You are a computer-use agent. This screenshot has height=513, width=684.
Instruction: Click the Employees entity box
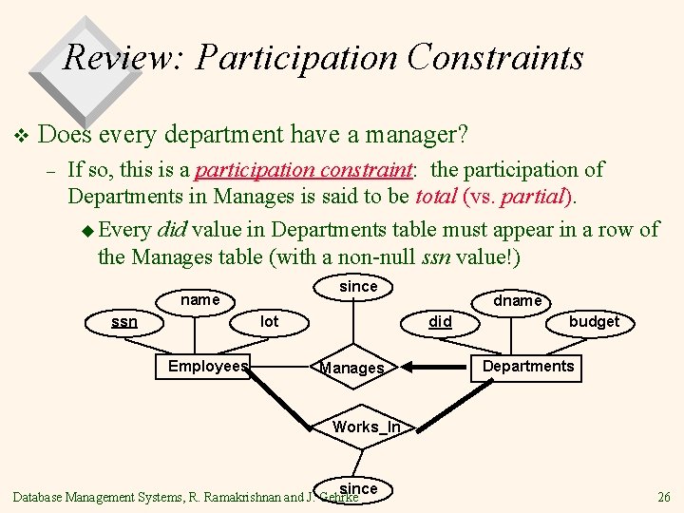(207, 367)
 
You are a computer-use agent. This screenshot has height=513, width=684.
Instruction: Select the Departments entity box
(528, 367)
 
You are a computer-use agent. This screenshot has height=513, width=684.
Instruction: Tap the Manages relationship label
(352, 369)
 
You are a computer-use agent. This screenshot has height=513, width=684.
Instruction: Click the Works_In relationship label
(366, 427)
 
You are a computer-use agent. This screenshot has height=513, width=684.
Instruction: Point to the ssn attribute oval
(124, 322)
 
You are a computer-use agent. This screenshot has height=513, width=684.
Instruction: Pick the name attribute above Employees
(199, 300)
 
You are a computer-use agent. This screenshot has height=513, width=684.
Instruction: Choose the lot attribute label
(270, 322)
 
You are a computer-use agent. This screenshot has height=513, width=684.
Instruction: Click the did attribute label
(440, 322)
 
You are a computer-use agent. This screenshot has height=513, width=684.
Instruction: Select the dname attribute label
(518, 300)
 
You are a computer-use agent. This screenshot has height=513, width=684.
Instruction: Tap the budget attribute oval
(594, 322)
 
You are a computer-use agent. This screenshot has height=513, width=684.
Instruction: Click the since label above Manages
(358, 286)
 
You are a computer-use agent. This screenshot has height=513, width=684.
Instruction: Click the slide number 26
(663, 497)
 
